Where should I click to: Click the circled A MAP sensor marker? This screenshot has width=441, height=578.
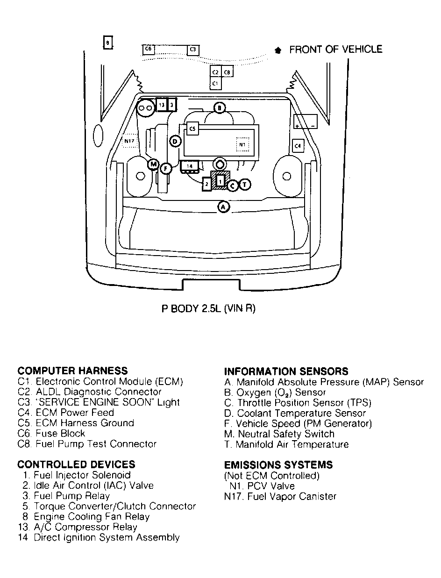(223, 207)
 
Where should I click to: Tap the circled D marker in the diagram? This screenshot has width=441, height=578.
(175, 142)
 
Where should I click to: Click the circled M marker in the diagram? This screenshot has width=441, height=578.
(153, 164)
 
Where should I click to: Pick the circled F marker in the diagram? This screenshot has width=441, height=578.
(166, 169)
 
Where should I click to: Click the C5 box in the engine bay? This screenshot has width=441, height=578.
(192, 129)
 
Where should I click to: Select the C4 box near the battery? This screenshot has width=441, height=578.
(298, 146)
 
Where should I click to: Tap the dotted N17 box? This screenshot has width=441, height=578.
(129, 141)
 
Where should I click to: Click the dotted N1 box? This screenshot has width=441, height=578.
(242, 144)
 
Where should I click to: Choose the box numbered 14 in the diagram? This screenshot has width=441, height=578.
(190, 166)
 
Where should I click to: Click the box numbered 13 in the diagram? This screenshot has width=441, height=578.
(162, 105)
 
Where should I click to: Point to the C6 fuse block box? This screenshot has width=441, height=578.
(148, 49)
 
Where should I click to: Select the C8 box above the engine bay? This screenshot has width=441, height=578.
(227, 72)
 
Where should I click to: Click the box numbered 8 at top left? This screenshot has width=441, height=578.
(108, 43)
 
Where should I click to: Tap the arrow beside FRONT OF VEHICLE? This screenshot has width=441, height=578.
(278, 50)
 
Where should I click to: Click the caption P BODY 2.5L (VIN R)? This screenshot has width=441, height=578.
(208, 308)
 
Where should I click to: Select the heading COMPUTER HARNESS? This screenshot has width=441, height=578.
(73, 371)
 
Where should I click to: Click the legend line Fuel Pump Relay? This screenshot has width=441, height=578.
(66, 496)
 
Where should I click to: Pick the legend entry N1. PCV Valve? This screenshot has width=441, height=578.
(262, 486)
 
